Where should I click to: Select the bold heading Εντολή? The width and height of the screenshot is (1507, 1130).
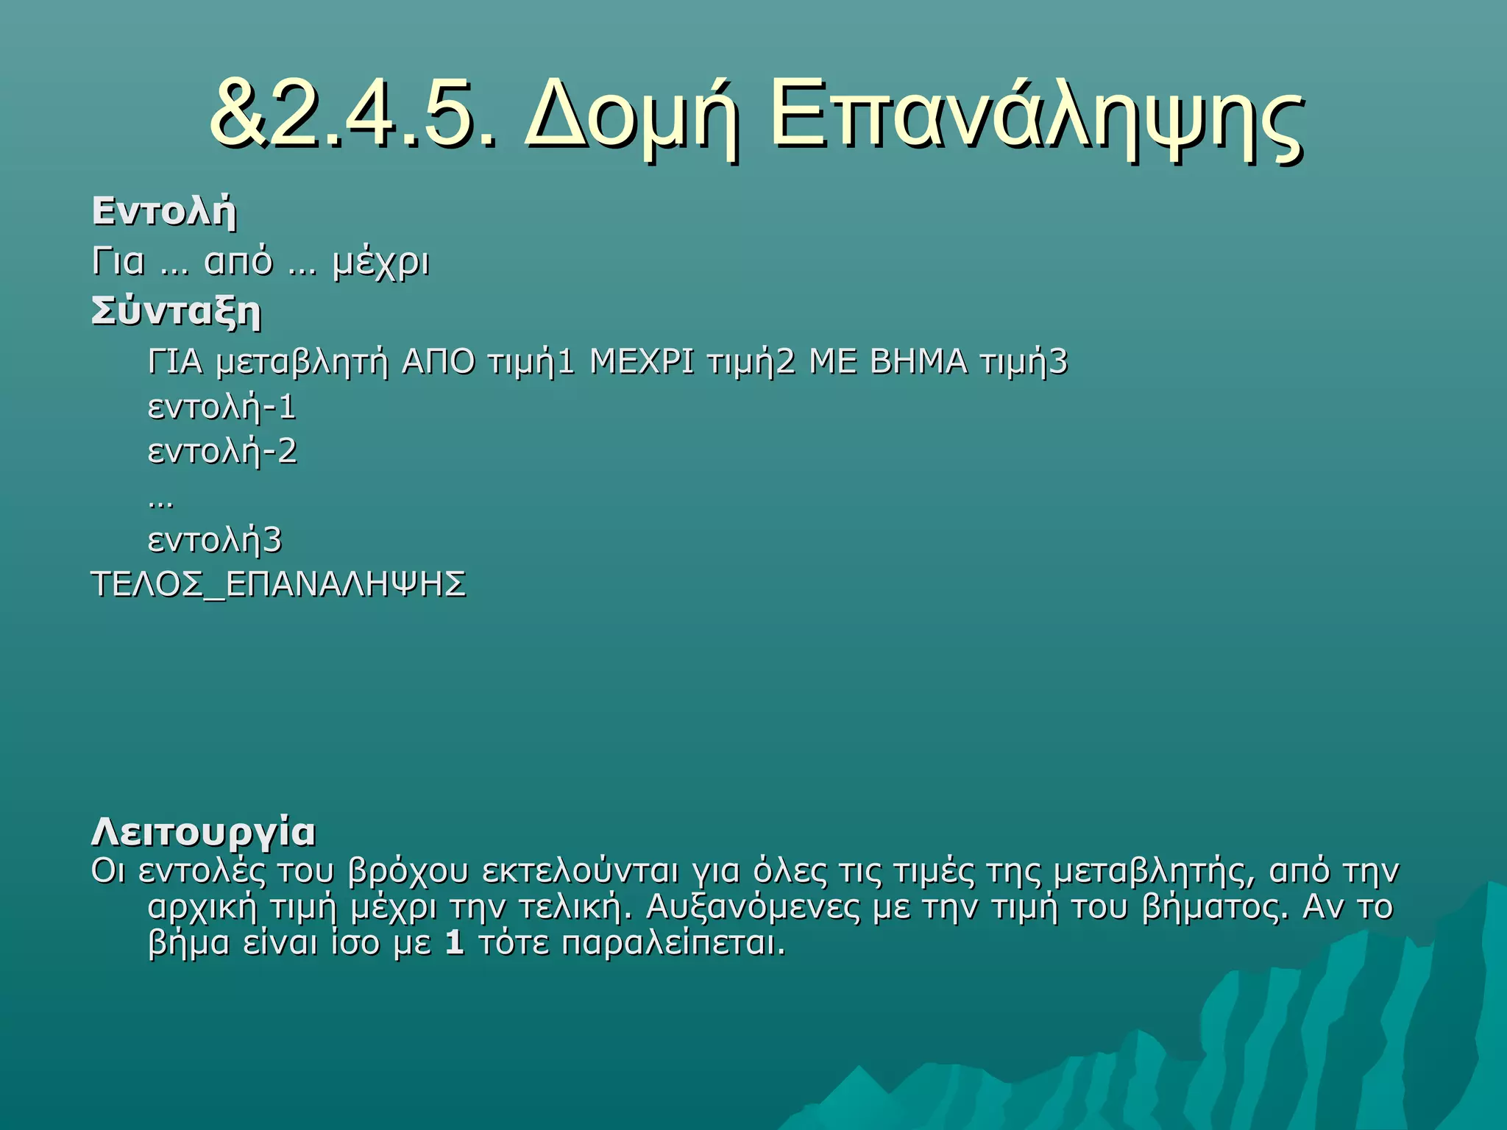[x=164, y=212]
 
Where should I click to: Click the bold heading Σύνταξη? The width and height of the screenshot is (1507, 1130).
[x=177, y=312]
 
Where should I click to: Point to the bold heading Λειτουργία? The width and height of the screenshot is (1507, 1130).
[x=204, y=833]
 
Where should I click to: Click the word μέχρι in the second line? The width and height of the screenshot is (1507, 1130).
[x=380, y=263]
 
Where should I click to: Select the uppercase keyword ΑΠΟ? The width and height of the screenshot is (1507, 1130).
[x=439, y=363]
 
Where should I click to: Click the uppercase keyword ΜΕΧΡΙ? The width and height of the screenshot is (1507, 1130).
[x=642, y=363]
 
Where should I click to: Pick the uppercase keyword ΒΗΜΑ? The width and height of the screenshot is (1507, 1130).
[x=918, y=363]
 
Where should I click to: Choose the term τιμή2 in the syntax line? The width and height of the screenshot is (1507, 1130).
[x=751, y=363]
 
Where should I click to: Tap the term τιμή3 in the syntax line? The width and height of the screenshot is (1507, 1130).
[x=1024, y=363]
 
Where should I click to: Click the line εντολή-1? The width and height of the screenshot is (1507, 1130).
[x=222, y=408]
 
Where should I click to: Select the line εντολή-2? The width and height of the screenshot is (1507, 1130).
[x=222, y=452]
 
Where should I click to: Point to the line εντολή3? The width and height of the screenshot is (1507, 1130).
[x=215, y=541]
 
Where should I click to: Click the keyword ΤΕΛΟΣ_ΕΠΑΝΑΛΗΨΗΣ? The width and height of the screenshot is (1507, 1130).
[x=279, y=585]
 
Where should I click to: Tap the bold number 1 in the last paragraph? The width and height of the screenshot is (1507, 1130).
[x=455, y=943]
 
